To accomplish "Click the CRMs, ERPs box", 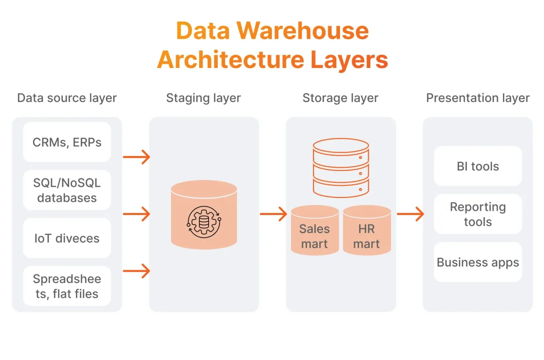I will [x=67, y=142].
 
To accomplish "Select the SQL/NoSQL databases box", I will [x=67, y=190].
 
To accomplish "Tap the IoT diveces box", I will [x=67, y=238].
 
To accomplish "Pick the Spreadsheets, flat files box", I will [x=67, y=286].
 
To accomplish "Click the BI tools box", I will [x=478, y=166].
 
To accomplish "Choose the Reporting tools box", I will [x=478, y=214].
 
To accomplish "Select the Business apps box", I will [x=478, y=262].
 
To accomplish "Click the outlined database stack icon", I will [x=341, y=167].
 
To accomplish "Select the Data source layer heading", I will [x=67, y=98].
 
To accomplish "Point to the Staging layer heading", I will [x=203, y=98].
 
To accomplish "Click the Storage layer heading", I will [x=341, y=98].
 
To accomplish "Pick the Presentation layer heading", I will [x=478, y=98].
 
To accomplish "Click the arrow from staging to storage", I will [x=273, y=214].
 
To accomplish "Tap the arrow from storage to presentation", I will [x=410, y=214].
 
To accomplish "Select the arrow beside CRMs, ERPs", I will [x=136, y=157].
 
